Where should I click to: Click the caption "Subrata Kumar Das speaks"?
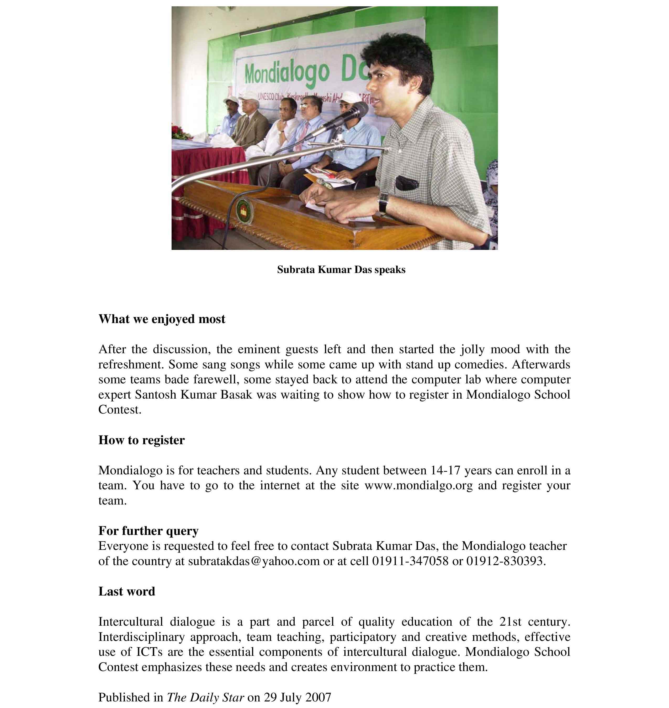341,270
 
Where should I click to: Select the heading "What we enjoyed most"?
162,319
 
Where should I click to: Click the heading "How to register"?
142,440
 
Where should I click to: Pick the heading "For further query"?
148,530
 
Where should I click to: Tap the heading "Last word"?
127,591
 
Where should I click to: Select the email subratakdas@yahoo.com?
253,561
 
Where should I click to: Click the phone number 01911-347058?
410,561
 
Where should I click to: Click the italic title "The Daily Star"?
205,697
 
